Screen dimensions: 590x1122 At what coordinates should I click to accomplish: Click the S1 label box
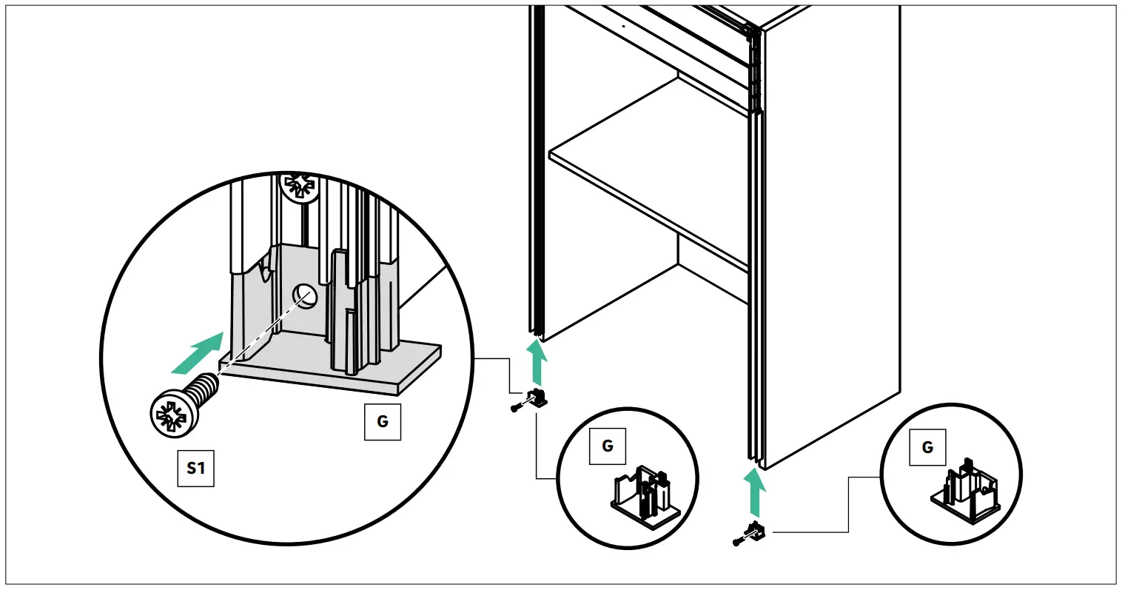pos(196,468)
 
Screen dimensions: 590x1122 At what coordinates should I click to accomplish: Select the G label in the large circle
pos(383,421)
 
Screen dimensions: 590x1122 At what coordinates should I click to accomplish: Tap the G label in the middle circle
pos(608,446)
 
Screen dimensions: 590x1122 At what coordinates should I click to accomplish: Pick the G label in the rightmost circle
pos(927,447)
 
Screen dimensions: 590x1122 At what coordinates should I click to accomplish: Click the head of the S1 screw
pos(174,412)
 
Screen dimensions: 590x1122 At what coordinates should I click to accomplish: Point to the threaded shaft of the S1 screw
pos(206,387)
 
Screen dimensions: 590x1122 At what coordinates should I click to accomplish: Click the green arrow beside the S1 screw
pos(197,353)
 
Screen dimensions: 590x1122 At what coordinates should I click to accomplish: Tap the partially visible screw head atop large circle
pos(300,186)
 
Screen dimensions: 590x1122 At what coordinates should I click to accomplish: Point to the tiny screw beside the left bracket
pos(516,407)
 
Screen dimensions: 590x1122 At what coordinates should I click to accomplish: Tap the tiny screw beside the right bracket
pos(737,543)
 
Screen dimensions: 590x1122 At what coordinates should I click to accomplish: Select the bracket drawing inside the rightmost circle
pos(964,493)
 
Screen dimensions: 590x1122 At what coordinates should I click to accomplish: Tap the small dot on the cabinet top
pos(623,25)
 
